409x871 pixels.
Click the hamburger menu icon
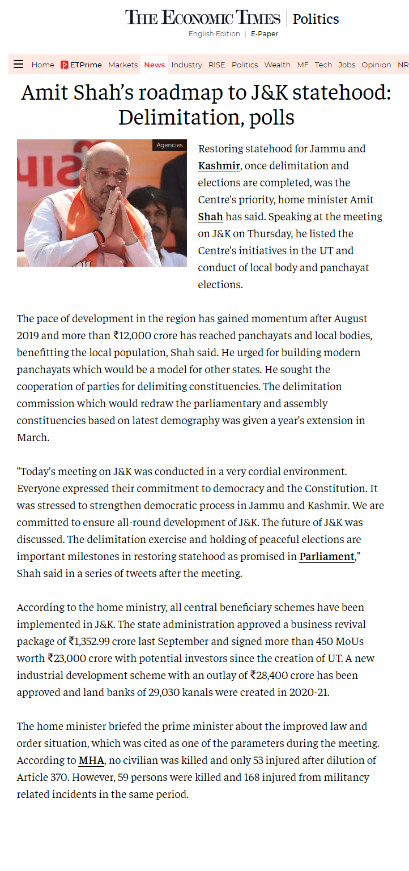click(x=18, y=65)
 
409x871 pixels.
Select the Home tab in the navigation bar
click(x=42, y=65)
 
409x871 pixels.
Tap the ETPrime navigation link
click(x=81, y=65)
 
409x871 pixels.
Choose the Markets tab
click(x=123, y=65)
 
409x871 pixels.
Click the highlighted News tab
click(x=154, y=65)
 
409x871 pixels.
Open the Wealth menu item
click(x=277, y=65)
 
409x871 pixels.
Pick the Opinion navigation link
click(x=376, y=65)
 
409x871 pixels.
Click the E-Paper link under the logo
click(x=265, y=34)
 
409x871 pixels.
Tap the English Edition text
click(x=214, y=34)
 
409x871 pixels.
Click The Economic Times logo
click(x=203, y=18)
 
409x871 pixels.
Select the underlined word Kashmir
click(x=219, y=166)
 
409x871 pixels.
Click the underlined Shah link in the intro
click(x=210, y=217)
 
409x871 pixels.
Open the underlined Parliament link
click(x=327, y=557)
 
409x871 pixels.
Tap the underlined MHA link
click(x=91, y=761)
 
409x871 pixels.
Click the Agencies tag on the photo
click(x=169, y=146)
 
